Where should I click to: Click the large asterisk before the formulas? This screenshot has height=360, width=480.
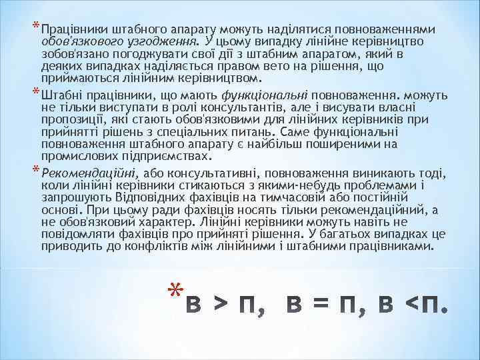click(175, 291)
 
